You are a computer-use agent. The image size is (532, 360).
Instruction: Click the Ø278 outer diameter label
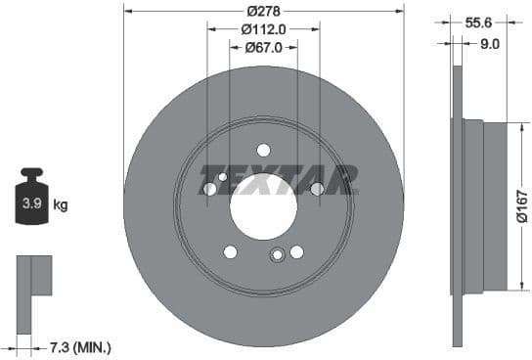(263, 11)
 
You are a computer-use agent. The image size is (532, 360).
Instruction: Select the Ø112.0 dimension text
(263, 29)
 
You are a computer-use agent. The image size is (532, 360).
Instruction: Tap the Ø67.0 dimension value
(263, 47)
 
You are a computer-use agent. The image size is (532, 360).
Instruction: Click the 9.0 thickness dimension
(490, 43)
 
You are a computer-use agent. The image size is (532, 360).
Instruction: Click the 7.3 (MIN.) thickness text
(81, 347)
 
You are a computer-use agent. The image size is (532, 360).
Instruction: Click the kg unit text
(61, 205)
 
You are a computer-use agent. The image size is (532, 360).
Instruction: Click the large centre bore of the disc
(263, 203)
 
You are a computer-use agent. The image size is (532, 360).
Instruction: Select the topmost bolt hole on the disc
(263, 150)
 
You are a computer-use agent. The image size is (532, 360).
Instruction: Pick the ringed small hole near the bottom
(278, 256)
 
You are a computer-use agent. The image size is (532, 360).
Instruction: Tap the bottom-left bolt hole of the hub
(231, 251)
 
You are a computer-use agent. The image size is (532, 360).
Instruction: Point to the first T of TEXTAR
(212, 181)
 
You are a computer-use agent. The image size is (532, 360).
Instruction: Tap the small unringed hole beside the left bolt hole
(223, 177)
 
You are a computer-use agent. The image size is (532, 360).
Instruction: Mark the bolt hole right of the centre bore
(317, 189)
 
